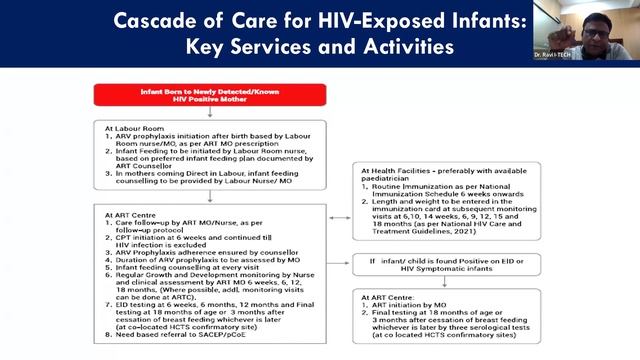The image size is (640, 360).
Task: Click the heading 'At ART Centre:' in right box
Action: tap(385, 297)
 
